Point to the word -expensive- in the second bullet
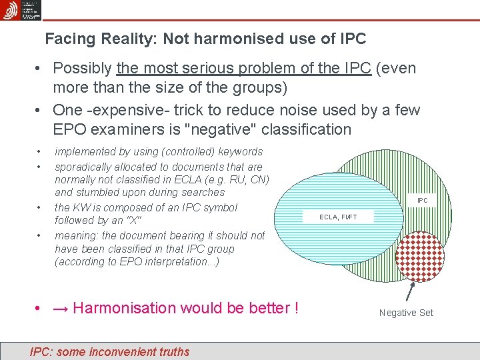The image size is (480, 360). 129,110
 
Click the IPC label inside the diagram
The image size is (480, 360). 423,200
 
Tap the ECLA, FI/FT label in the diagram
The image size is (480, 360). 338,217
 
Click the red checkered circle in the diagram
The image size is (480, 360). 419,257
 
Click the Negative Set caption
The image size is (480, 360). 406,313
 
